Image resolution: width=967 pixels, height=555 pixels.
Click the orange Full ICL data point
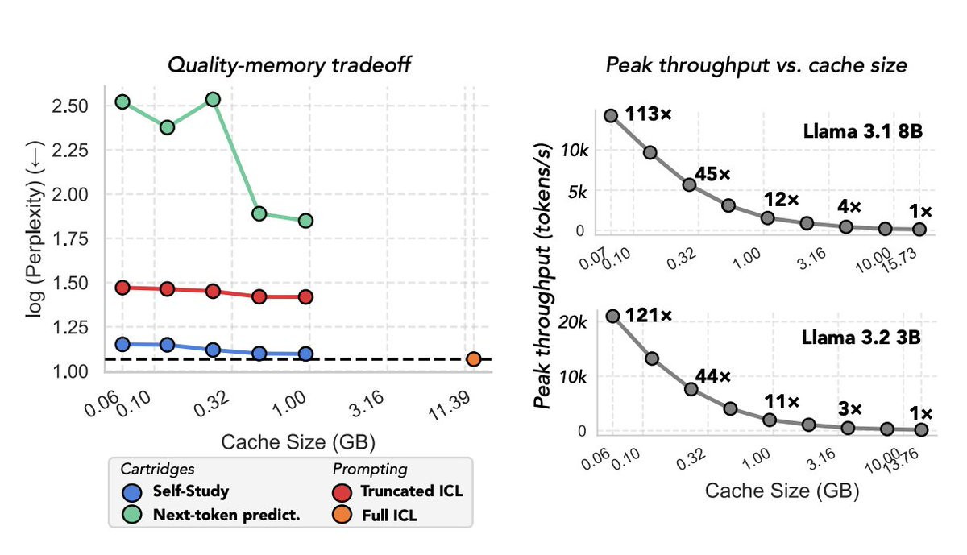[x=474, y=358]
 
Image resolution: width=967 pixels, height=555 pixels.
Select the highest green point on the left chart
[x=214, y=99]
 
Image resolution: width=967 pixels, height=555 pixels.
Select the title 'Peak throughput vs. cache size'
[x=757, y=65]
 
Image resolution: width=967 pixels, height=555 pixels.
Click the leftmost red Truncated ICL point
[x=122, y=288]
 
